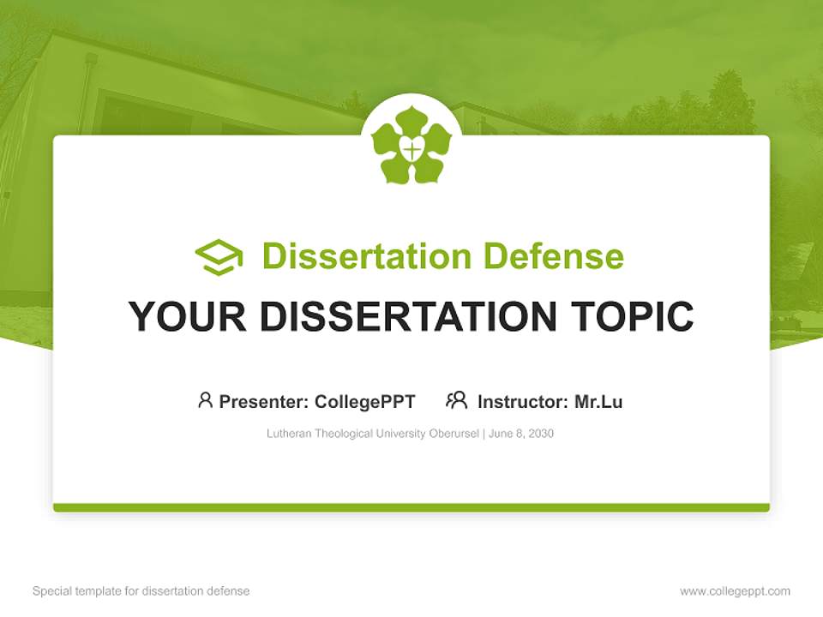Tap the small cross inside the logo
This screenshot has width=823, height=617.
[x=412, y=151]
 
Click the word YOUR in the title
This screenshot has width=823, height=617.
[x=187, y=316]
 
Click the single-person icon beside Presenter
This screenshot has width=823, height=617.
[x=205, y=399]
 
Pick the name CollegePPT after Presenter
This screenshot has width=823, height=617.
[x=364, y=402]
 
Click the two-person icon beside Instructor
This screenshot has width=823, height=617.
[x=457, y=399]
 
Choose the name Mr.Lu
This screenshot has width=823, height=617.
[x=598, y=402]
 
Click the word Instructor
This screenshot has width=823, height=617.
[x=521, y=402]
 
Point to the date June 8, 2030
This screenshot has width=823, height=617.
[x=522, y=434]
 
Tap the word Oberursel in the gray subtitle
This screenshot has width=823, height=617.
[x=454, y=434]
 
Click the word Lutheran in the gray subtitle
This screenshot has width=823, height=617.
[x=289, y=434]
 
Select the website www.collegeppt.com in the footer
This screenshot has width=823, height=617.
[x=735, y=591]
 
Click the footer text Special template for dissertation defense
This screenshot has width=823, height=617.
[x=141, y=591]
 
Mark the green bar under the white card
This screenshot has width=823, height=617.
[x=411, y=507]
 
